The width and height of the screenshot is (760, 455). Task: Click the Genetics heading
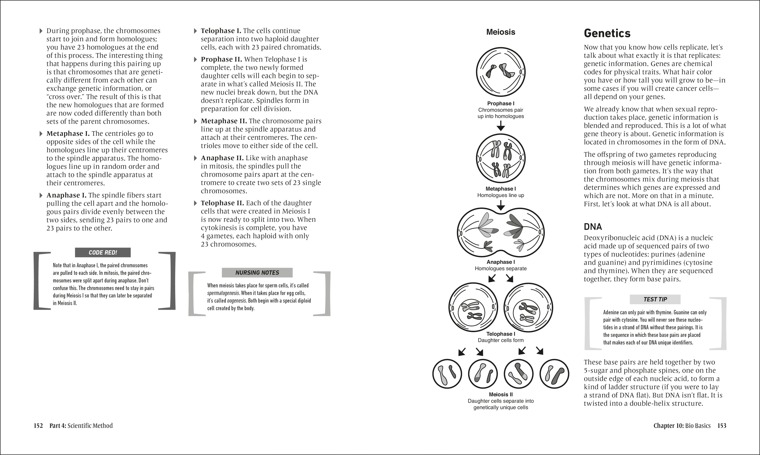[x=607, y=33]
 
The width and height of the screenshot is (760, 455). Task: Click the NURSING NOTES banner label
[x=257, y=272]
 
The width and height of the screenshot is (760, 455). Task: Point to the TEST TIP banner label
[x=655, y=299]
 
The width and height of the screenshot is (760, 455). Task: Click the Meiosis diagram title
[x=501, y=32]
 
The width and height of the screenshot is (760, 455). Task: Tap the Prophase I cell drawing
[x=501, y=72]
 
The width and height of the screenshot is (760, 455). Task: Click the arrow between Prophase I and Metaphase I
[x=501, y=125]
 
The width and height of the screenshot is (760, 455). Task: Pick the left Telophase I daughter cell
[x=473, y=307]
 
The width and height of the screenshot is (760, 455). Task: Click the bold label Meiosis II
[x=501, y=395]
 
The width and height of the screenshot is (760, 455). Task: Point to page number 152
[x=38, y=425]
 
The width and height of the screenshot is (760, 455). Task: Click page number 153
[x=722, y=425]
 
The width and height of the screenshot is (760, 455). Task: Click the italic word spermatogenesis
[x=223, y=293]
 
